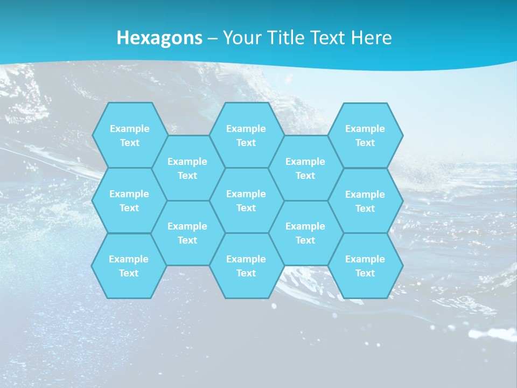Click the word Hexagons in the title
click(x=159, y=38)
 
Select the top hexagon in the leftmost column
click(x=129, y=135)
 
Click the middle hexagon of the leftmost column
click(x=129, y=200)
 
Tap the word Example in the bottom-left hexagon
click(x=129, y=259)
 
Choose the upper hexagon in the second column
click(x=187, y=168)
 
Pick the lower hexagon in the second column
click(x=187, y=233)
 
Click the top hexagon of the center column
click(x=246, y=135)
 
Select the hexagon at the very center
click(x=246, y=200)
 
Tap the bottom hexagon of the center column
click(x=246, y=266)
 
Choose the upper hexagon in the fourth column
click(x=305, y=168)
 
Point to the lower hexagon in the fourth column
click(x=305, y=233)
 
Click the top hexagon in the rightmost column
click(x=365, y=135)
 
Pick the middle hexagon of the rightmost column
click(x=365, y=201)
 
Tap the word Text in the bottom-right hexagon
click(x=365, y=273)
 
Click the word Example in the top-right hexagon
click(x=365, y=129)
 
